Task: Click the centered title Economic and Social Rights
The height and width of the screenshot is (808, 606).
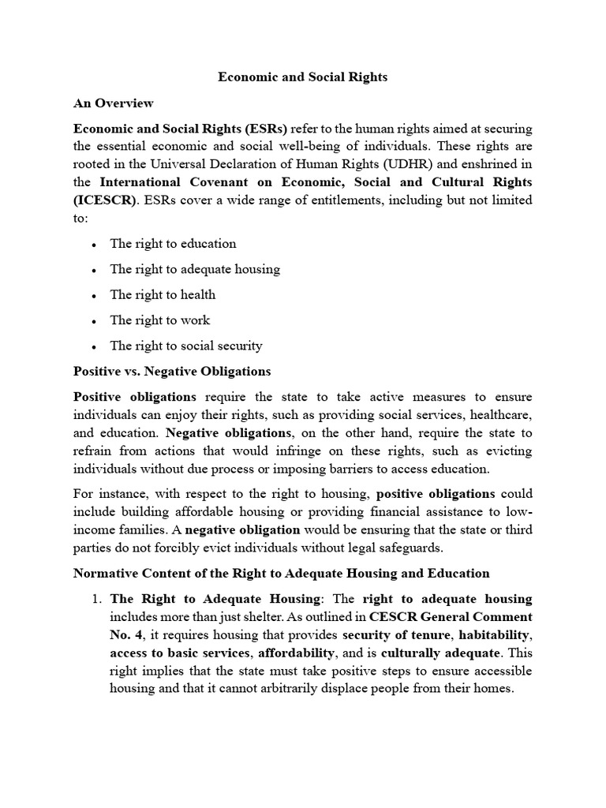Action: pos(303,77)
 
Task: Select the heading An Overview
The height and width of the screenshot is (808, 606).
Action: pos(114,103)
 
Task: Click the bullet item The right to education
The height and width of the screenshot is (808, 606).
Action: pos(173,244)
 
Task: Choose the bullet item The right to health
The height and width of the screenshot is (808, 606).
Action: pos(163,294)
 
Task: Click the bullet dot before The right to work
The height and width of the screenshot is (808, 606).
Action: pos(94,321)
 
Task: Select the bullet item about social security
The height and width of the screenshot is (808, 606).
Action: pos(186,346)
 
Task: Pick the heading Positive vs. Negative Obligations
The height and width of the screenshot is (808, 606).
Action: pos(172,371)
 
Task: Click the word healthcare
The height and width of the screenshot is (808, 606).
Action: pos(500,414)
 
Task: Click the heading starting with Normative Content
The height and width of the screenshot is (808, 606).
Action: pos(281,573)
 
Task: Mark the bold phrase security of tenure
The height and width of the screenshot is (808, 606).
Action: pos(390,634)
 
